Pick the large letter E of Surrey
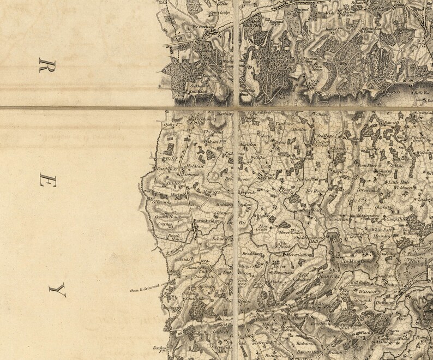pos(44,181)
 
